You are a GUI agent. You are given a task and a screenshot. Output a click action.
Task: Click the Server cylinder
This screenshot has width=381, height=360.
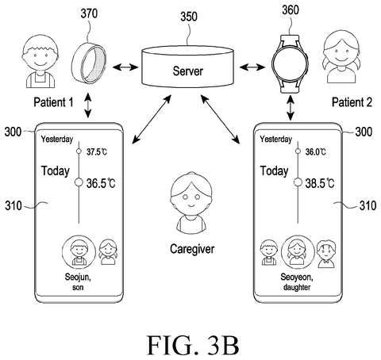pyautogui.click(x=187, y=67)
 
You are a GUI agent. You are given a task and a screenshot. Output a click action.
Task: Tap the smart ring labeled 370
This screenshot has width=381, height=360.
pyautogui.click(x=89, y=63)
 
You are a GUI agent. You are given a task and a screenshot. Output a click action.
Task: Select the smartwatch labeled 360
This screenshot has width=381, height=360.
pyautogui.click(x=290, y=63)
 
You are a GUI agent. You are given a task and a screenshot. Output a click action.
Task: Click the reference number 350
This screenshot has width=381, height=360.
pyautogui.click(x=189, y=17)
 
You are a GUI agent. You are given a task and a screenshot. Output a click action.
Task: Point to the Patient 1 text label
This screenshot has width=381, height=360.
pyautogui.click(x=53, y=102)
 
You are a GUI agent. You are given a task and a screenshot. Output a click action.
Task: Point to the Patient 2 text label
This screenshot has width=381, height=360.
pyautogui.click(x=352, y=102)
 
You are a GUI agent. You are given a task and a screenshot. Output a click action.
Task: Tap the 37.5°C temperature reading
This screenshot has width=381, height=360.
pyautogui.click(x=97, y=151)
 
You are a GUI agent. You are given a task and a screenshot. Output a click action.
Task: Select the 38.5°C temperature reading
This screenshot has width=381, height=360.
pyautogui.click(x=320, y=183)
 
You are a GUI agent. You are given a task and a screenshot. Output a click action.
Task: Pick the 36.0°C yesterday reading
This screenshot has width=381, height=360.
pyautogui.click(x=316, y=151)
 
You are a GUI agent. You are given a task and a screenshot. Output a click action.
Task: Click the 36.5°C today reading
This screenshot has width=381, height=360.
pyautogui.click(x=101, y=183)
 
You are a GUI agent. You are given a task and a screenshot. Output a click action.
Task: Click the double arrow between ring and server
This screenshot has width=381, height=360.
pyautogui.click(x=125, y=67)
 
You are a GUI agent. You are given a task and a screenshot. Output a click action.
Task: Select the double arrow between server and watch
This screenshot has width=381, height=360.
pyautogui.click(x=252, y=67)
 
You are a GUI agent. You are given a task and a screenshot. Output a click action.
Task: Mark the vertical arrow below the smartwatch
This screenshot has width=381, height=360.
pyautogui.click(x=291, y=108)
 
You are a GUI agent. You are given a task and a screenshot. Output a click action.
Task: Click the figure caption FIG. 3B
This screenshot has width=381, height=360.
pyautogui.click(x=193, y=345)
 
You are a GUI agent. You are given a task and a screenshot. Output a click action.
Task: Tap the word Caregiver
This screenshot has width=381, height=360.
pyautogui.click(x=192, y=249)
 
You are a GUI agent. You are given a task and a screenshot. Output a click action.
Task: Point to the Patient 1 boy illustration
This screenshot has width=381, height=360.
pyautogui.click(x=40, y=63)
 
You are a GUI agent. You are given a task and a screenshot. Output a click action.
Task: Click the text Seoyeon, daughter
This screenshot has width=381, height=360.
pyautogui.click(x=297, y=282)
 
